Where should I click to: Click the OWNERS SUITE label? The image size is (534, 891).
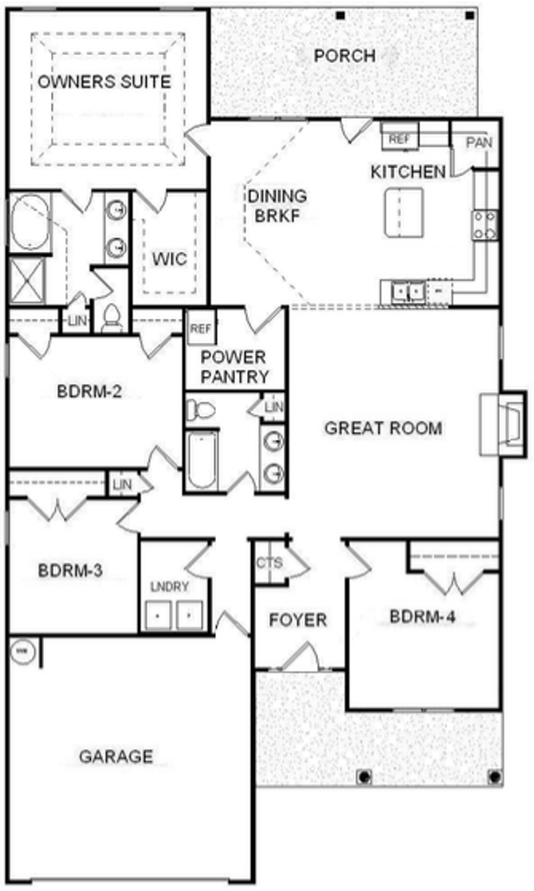coord(104,82)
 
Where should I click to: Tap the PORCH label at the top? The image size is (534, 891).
coord(345,57)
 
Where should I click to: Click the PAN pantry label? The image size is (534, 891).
coord(479,143)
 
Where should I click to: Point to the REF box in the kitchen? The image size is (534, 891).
coord(400,138)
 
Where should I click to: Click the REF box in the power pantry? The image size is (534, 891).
coord(201,328)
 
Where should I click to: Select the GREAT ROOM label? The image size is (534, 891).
coord(383,429)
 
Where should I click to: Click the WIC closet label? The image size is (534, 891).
coord(169,258)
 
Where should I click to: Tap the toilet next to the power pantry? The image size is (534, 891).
coord(200,409)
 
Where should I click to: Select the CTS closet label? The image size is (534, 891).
coord(270,563)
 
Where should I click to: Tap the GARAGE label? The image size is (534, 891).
coord(116,757)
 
